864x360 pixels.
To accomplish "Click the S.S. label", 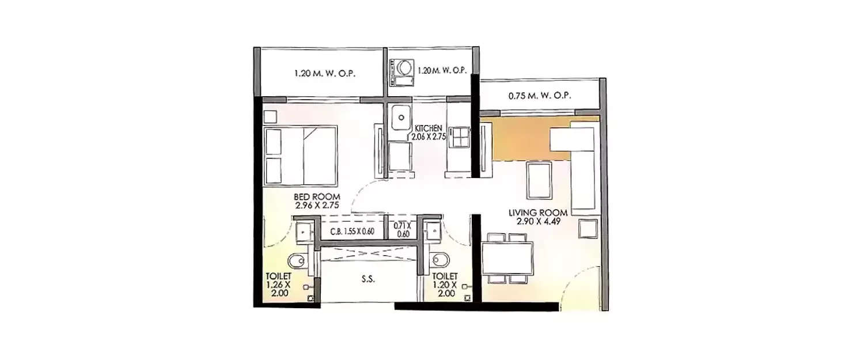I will (369, 279).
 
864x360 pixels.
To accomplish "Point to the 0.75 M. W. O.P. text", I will (540, 96).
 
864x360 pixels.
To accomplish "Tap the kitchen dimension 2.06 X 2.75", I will (427, 137).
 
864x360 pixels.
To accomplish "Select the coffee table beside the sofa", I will (539, 180).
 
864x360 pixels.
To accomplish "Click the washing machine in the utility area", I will (402, 69).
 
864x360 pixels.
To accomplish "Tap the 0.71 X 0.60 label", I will (402, 230).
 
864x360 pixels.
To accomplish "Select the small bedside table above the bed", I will (270, 116).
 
